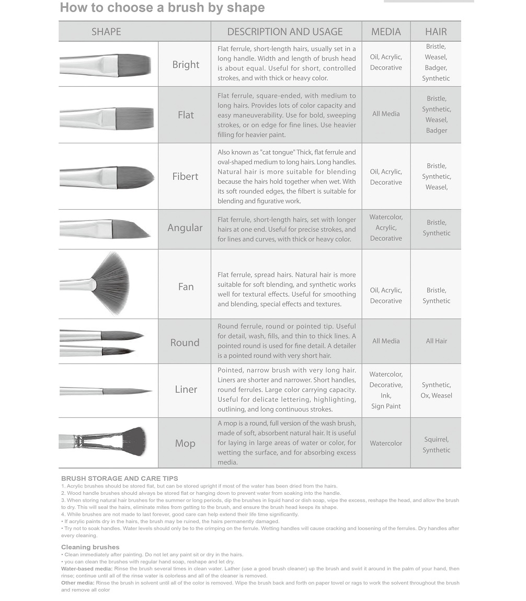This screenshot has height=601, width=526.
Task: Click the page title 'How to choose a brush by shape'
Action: (162, 8)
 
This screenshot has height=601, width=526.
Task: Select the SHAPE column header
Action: (106, 31)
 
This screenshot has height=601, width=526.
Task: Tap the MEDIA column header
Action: (386, 31)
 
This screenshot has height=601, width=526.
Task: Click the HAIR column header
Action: (436, 31)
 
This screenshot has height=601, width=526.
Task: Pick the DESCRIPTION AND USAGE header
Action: (285, 31)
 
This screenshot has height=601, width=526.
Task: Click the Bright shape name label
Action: (186, 65)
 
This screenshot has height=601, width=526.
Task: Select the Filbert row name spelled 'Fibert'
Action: (185, 176)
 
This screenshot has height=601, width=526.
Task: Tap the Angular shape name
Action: (185, 228)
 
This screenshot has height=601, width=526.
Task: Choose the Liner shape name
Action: (186, 390)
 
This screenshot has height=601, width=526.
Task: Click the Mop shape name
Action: (185, 444)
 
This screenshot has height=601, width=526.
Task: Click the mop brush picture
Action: (103, 441)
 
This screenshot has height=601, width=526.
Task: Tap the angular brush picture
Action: (105, 229)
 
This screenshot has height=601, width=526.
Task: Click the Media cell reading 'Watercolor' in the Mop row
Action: (386, 444)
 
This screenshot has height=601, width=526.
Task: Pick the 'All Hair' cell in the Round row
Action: (436, 341)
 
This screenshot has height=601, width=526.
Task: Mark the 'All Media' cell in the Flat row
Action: (386, 114)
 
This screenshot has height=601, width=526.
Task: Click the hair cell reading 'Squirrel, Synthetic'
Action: (436, 445)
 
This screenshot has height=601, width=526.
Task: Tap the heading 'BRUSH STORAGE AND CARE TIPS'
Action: (120, 479)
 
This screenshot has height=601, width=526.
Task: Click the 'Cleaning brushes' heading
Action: (90, 547)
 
